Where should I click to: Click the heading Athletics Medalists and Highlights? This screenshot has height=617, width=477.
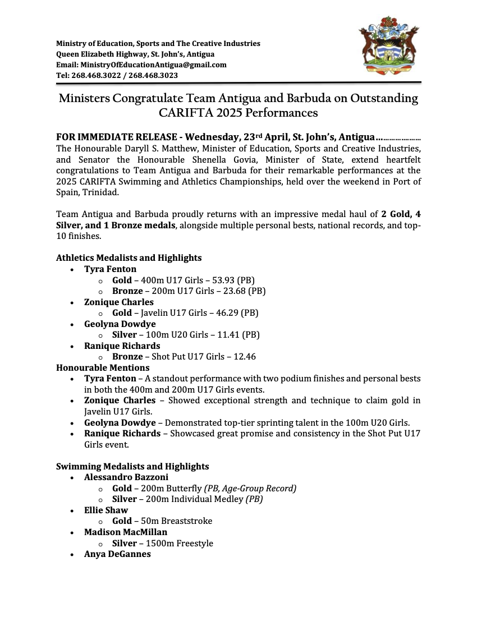(x=129, y=258)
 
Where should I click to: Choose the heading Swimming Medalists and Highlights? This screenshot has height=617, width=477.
(x=132, y=467)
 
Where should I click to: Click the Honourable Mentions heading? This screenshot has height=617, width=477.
(x=103, y=368)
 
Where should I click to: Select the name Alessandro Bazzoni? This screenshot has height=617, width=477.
(x=126, y=477)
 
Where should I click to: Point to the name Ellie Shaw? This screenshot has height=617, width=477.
(x=106, y=510)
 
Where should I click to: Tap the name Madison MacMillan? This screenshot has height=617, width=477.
(x=126, y=532)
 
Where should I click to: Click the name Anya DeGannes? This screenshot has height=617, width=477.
(x=117, y=554)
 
